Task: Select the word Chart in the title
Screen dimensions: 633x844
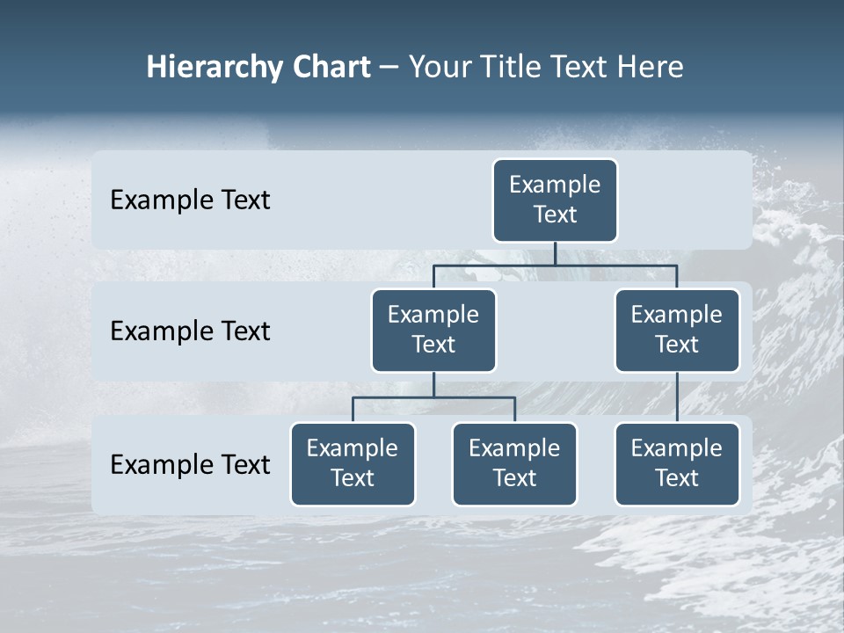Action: (329, 68)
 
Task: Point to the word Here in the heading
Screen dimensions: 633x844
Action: (651, 68)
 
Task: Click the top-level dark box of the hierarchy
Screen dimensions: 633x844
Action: (555, 200)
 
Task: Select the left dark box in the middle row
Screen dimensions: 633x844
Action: (433, 330)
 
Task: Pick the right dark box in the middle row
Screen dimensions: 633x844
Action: (677, 330)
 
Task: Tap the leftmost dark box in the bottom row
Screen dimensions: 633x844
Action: (353, 463)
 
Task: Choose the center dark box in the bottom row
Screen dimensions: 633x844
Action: (514, 463)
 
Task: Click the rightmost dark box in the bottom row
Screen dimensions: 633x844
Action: (677, 463)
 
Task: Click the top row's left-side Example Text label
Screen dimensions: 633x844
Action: (190, 200)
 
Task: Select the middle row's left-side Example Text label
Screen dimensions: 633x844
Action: (190, 331)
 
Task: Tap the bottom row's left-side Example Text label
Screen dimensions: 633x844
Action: (190, 464)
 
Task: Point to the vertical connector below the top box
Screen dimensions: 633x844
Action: (555, 253)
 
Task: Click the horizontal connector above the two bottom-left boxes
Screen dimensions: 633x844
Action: (433, 397)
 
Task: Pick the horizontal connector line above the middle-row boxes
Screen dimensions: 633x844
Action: (555, 265)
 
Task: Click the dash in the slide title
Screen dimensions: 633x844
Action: (389, 68)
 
